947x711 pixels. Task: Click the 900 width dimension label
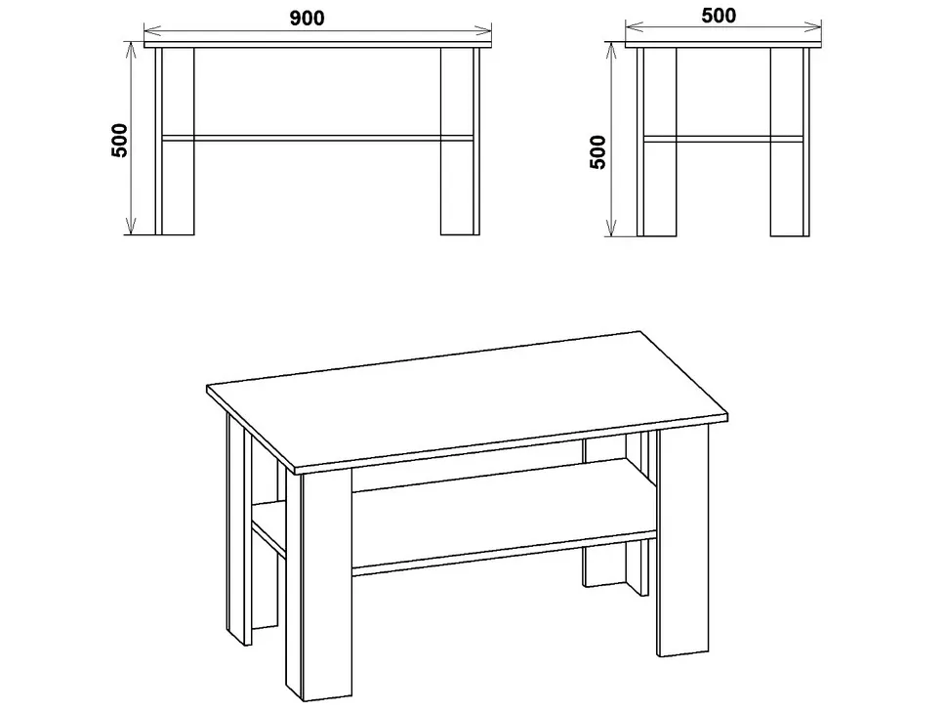307,19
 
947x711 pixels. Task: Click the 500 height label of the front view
119,140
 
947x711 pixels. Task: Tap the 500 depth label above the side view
719,15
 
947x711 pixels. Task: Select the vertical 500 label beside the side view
597,152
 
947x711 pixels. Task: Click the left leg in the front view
175,141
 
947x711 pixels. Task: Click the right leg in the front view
460,141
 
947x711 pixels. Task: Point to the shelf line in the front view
317,139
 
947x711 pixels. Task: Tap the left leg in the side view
657,142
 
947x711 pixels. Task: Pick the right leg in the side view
790,142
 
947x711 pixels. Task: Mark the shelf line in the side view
723,139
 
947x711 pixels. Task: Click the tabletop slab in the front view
318,44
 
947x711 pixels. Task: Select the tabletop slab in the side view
723,45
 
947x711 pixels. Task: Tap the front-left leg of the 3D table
319,586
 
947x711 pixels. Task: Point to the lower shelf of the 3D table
483,514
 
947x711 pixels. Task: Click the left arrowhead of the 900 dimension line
152,28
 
